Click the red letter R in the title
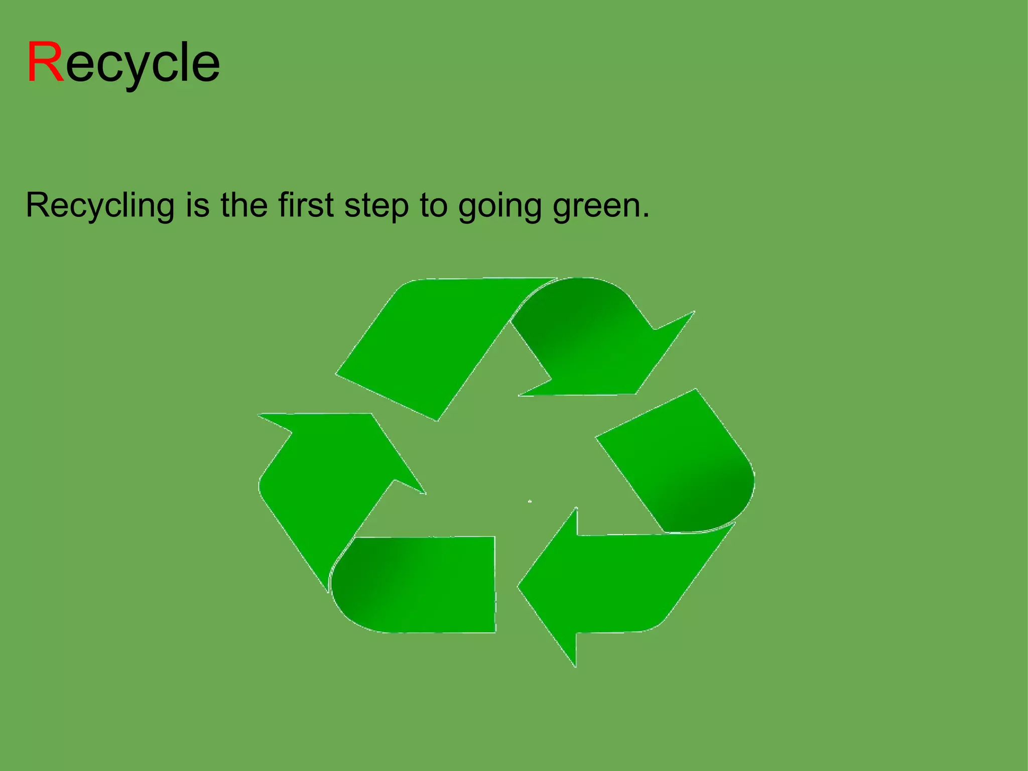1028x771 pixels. pyautogui.click(x=45, y=62)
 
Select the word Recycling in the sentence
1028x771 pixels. pyautogui.click(x=100, y=206)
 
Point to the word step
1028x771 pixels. pyautogui.click(x=376, y=206)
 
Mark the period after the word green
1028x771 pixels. pyautogui.click(x=646, y=216)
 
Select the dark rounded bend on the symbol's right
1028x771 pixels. pyautogui.click(x=703, y=497)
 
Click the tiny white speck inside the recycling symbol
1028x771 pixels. pyautogui.click(x=530, y=501)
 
